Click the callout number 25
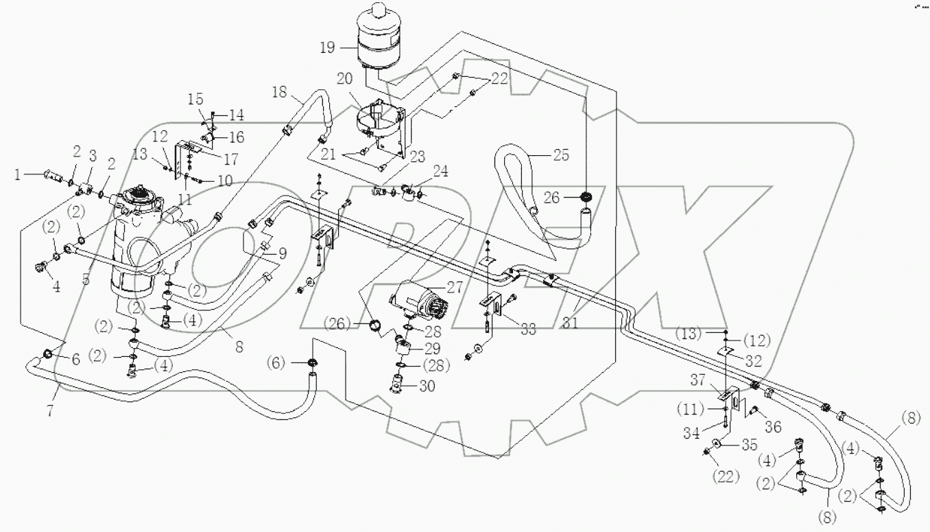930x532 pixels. click(x=561, y=155)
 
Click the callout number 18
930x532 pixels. click(x=278, y=93)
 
